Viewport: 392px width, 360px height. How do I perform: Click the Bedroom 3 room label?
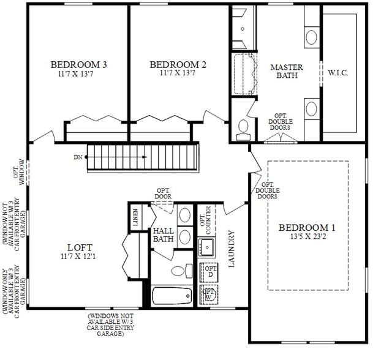[x=79, y=65]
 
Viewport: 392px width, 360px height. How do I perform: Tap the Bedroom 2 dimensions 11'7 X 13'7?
[x=178, y=73]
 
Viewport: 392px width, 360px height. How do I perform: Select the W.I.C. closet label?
[x=337, y=73]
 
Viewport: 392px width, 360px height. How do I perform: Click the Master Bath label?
[x=287, y=71]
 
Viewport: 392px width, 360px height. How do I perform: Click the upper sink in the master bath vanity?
[x=312, y=37]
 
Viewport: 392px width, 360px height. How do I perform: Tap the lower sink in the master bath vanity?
[x=312, y=109]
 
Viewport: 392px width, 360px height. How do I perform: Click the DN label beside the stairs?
[x=78, y=157]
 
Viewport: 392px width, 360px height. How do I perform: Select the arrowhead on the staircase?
[x=145, y=157]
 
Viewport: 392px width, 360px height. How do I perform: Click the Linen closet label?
[x=135, y=217]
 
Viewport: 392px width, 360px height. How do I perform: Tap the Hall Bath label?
[x=164, y=235]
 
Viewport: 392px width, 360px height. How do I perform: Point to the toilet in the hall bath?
[x=182, y=271]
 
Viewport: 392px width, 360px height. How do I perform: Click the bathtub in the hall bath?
[x=172, y=296]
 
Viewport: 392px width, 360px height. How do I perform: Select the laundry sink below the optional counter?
[x=206, y=247]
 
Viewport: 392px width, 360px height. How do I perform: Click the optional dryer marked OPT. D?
[x=209, y=272]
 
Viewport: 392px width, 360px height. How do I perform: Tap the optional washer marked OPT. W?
[x=209, y=294]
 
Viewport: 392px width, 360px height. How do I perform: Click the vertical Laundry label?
[x=232, y=249]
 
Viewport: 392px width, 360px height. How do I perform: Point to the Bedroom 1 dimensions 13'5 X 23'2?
[x=308, y=236]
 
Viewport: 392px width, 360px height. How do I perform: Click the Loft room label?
[x=80, y=247]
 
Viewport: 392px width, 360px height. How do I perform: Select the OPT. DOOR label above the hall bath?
[x=163, y=193]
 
